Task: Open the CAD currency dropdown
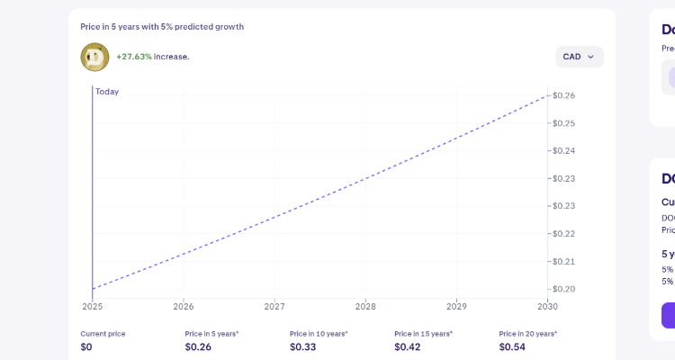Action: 579,57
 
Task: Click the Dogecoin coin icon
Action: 94,57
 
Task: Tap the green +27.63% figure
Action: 133,57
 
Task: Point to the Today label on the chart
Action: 107,92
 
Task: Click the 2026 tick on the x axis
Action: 183,306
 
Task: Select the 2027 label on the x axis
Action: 274,306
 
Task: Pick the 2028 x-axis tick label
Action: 365,306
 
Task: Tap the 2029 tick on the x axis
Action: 456,306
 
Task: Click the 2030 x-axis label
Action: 547,306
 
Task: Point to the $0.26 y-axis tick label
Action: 564,95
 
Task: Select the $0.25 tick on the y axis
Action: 564,123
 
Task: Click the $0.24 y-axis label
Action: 564,150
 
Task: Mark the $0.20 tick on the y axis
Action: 564,289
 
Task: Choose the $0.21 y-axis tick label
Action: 564,261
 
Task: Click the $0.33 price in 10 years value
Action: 302,346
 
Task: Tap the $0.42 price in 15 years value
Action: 407,346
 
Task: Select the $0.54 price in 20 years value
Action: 512,346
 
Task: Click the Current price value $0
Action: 86,346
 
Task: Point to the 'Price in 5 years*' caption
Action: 211,334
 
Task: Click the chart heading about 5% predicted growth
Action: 162,27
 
